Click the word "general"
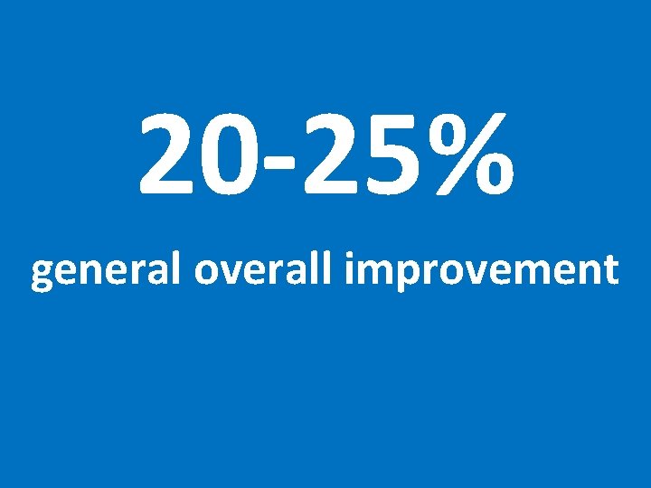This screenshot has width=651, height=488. pyautogui.click(x=108, y=270)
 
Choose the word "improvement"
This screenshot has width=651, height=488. pyautogui.click(x=480, y=270)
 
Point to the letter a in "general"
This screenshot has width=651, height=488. pyautogui.click(x=158, y=272)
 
